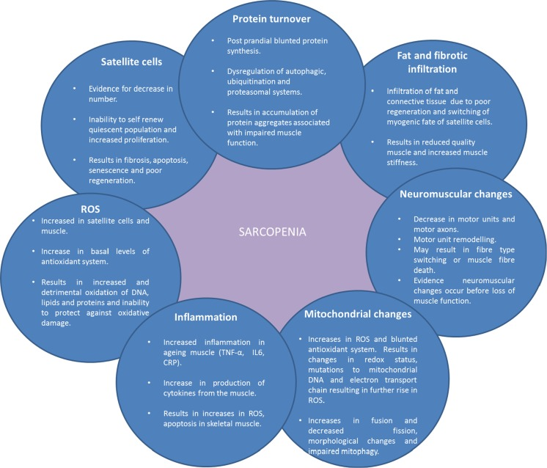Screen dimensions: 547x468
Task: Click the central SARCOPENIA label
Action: pos(273,232)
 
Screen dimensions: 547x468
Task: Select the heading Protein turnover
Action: pos(271,19)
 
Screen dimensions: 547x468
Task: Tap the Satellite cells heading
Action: pos(131,62)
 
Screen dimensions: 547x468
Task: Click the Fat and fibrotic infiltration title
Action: pos(432,62)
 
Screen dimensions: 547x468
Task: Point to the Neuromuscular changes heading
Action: pos(456,194)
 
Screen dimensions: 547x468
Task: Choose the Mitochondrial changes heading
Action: pos(358,314)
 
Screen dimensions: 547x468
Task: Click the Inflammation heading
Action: pos(206,317)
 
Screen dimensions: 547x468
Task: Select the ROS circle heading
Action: pos(90,209)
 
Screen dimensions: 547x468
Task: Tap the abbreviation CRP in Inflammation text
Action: pos(172,362)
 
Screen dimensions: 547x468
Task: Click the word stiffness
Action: pos(402,162)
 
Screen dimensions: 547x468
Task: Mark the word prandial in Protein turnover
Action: pos(257,41)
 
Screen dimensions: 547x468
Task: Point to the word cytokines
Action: pos(180,393)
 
